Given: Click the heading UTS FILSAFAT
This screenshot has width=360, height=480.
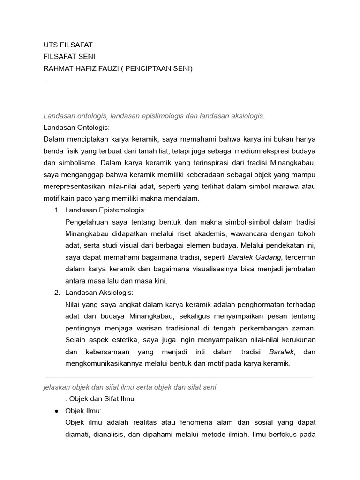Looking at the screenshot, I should tap(68, 45).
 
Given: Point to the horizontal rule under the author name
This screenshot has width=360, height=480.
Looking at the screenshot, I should tap(180, 82).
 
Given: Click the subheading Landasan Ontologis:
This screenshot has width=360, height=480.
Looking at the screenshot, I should tap(76, 127).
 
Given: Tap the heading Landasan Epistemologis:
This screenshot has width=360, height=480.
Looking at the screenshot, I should tap(106, 210).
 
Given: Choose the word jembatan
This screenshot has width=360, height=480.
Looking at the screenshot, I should tap(297, 269).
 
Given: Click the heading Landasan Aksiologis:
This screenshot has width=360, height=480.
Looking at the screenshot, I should tap(99, 292).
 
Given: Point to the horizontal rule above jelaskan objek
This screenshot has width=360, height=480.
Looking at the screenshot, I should tap(180, 376).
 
